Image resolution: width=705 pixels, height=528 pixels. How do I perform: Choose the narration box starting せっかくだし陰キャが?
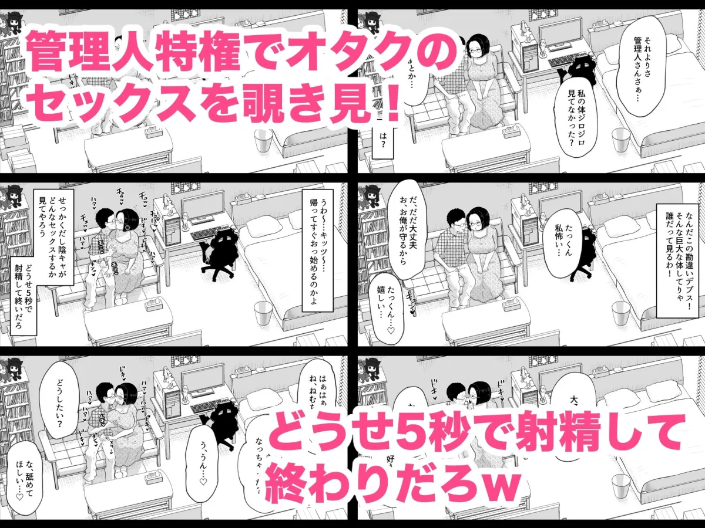[52, 235]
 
